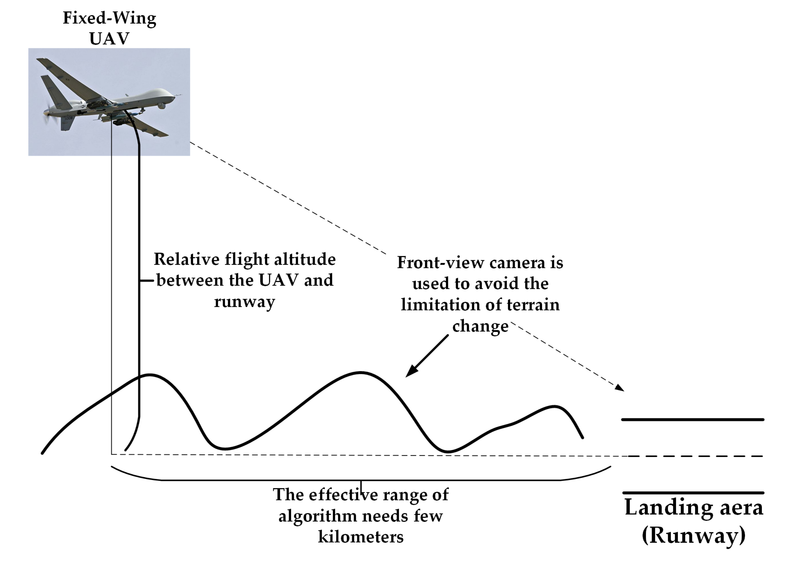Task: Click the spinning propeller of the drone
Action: [x=46, y=113]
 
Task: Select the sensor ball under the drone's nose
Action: [x=161, y=106]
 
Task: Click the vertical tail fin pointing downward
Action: [x=67, y=123]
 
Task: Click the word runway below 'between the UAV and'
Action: [x=244, y=302]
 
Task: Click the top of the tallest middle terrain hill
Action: [x=361, y=373]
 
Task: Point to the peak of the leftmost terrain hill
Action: [x=150, y=375]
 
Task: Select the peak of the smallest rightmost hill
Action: [x=554, y=406]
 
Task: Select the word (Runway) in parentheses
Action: [x=694, y=535]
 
